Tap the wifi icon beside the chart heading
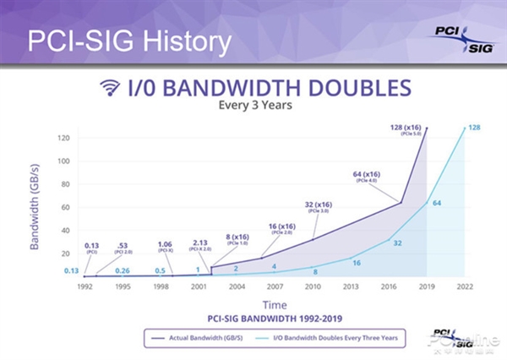pyautogui.click(x=109, y=87)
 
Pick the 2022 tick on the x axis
pyautogui.click(x=465, y=286)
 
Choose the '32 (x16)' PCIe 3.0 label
pyautogui.click(x=320, y=205)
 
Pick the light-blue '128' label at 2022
pyautogui.click(x=474, y=128)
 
